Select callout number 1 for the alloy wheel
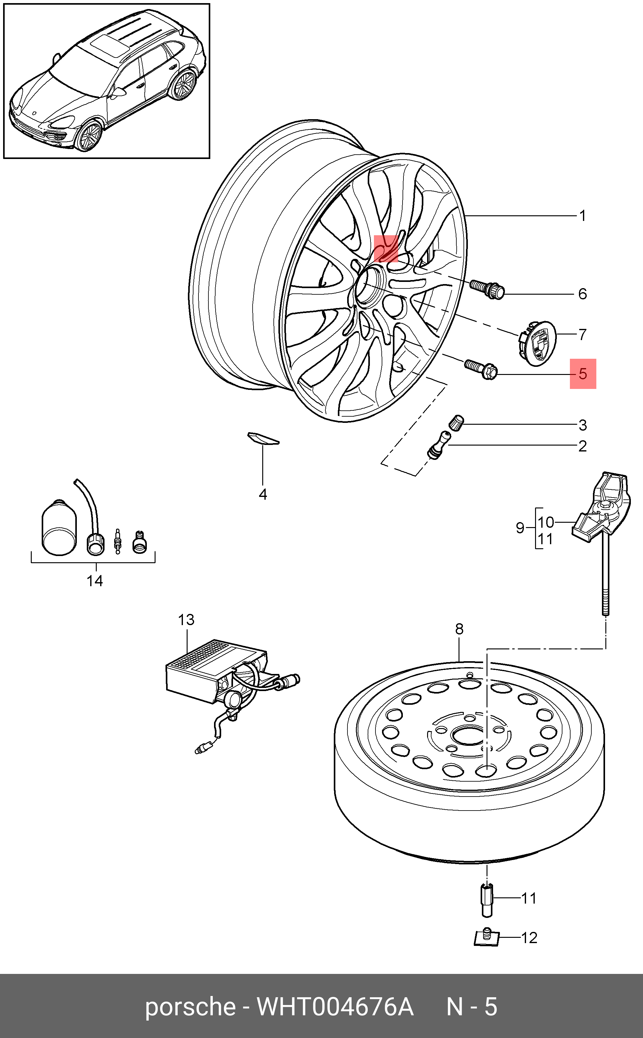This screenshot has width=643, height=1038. pos(583,216)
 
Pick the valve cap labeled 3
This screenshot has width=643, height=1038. pos(456,422)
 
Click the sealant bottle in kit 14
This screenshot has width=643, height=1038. pos(59,527)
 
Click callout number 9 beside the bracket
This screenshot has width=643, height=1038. pos(520,528)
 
